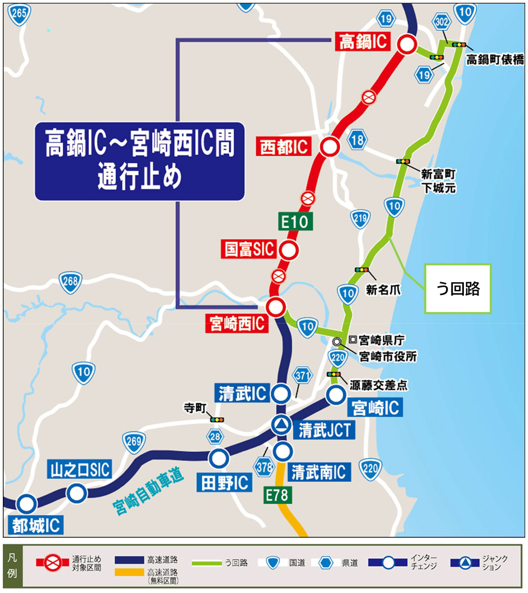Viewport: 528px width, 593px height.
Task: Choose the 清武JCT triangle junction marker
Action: (x=282, y=425)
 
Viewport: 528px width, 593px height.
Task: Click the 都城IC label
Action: (x=35, y=526)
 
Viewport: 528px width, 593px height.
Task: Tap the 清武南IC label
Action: (x=318, y=471)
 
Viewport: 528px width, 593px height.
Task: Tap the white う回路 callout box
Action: (x=457, y=288)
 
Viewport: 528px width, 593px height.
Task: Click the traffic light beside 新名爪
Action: (x=361, y=270)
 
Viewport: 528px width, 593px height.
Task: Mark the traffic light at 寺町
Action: (x=216, y=419)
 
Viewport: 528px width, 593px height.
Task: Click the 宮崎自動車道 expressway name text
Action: (x=148, y=488)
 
